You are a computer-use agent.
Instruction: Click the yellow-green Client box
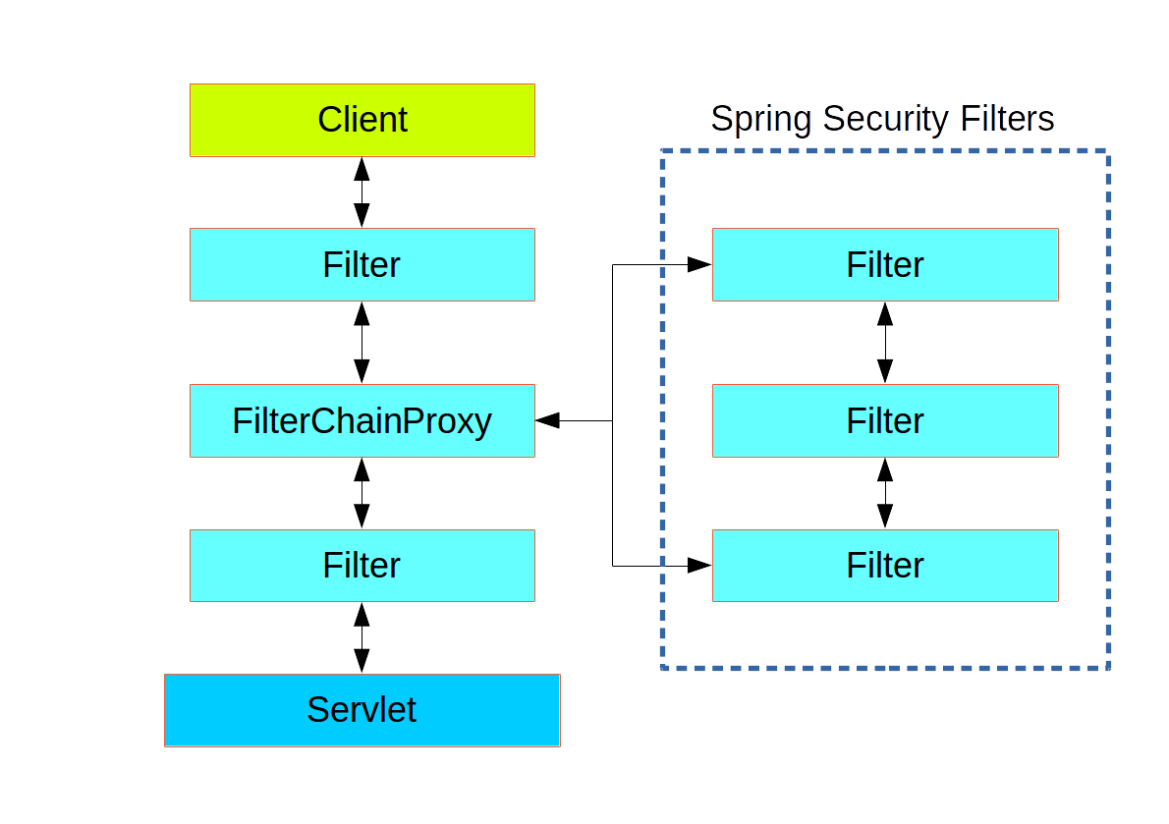362,120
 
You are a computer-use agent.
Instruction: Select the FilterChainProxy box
362,420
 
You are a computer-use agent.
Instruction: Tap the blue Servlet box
362,710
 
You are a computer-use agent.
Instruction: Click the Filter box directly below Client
362,264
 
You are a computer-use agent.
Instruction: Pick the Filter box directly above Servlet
362,565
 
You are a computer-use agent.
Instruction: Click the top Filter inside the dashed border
884,264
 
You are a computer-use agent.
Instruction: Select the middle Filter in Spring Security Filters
884,420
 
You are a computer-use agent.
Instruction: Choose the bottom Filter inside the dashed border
884,565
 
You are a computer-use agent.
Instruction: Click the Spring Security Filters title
882,119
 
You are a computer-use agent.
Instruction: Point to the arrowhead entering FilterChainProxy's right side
548,420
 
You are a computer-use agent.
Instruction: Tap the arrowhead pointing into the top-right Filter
699,264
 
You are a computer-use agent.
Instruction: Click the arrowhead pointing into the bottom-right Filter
699,565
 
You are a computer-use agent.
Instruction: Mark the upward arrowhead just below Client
362,169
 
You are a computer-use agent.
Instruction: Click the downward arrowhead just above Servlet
362,660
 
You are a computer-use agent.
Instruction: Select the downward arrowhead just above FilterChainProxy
362,371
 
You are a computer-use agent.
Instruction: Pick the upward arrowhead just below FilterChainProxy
362,469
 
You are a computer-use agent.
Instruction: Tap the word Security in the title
885,119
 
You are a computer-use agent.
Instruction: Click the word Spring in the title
761,119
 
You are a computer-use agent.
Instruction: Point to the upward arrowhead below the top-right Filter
884,313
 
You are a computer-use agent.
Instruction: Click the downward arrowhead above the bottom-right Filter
884,516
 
